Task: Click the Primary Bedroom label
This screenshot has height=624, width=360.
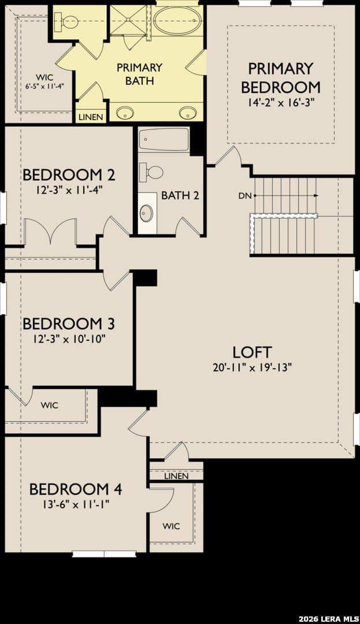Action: click(281, 77)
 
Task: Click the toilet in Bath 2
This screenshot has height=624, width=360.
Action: click(151, 172)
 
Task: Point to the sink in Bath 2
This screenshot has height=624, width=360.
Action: click(146, 213)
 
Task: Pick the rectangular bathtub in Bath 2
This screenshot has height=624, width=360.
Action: click(164, 139)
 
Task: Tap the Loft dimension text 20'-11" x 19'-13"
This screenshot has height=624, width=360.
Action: click(253, 367)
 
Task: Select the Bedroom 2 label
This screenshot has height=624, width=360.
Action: click(69, 174)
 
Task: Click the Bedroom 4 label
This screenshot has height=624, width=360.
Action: click(76, 489)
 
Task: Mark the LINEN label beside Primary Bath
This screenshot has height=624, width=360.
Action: click(91, 117)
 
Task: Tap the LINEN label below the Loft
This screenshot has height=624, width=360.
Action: click(176, 476)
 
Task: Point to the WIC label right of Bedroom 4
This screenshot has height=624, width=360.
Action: click(171, 526)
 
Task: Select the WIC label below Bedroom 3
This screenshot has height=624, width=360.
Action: click(49, 405)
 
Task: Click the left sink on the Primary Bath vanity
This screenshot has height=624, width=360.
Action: click(125, 113)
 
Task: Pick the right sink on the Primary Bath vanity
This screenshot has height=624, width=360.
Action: click(187, 113)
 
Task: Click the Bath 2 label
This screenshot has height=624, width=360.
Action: click(180, 195)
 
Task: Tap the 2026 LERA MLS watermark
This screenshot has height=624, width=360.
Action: click(328, 618)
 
